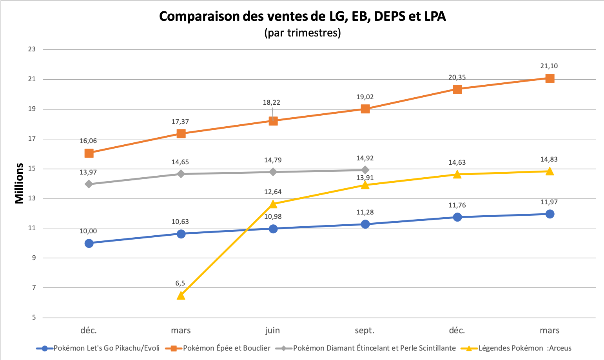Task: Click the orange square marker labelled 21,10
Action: point(550,78)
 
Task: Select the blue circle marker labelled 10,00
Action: point(89,243)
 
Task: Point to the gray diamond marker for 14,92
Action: point(365,170)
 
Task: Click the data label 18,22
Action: point(271,103)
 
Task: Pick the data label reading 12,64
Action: point(273,192)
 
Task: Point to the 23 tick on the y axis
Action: point(32,49)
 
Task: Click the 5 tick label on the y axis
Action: point(33,317)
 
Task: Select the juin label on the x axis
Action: point(273,330)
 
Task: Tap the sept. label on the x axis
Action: point(365,330)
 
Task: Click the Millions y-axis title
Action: point(19,183)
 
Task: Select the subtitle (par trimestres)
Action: point(302,33)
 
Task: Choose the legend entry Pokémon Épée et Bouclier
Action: point(227,348)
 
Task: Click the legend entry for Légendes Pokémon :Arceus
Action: point(524,348)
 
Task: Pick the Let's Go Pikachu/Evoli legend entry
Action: point(106,348)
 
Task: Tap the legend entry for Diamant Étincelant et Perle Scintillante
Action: point(374,348)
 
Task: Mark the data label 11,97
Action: point(549,202)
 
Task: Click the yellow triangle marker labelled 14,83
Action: point(550,171)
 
